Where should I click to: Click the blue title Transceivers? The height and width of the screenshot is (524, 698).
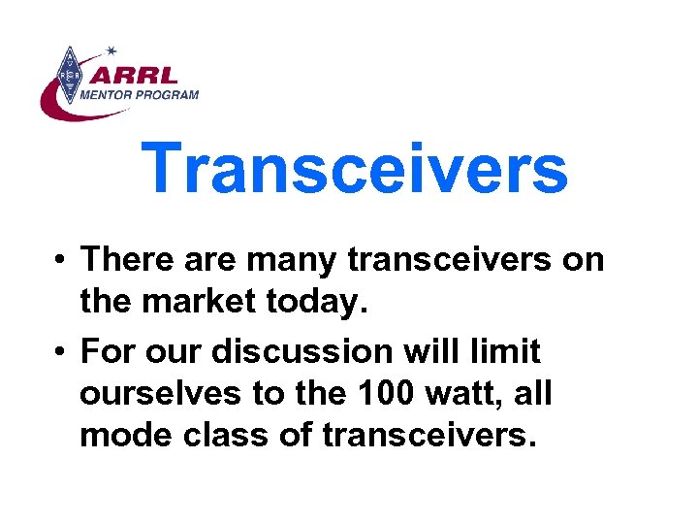pyautogui.click(x=354, y=168)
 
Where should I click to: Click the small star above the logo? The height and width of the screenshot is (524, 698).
pyautogui.click(x=111, y=49)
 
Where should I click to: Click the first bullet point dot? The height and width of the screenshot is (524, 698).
pyautogui.click(x=60, y=261)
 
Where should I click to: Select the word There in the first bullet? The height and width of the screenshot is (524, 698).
pyautogui.click(x=124, y=259)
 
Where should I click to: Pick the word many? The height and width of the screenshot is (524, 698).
pyautogui.click(x=301, y=259)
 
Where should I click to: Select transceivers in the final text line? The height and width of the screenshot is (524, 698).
pyautogui.click(x=428, y=435)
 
